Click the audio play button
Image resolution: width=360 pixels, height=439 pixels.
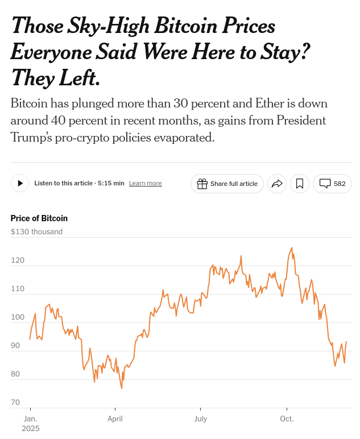pos(20,183)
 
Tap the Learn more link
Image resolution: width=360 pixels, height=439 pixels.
pos(145,183)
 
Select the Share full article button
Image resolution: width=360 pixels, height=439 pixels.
pos(227,183)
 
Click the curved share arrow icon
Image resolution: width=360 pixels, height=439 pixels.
pos(277,183)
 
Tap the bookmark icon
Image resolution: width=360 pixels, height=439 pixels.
pos(300,183)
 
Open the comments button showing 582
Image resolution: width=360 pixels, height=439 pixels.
pos(332,183)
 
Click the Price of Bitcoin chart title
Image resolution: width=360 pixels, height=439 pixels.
pos(39,218)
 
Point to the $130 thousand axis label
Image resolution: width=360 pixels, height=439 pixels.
pos(36,231)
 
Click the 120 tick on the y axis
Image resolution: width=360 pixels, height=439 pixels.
pos(18,260)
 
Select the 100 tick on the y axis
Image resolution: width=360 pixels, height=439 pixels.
pos(18,317)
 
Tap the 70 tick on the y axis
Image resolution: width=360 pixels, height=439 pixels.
pos(15,402)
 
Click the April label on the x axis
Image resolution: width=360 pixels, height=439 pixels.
pos(115,419)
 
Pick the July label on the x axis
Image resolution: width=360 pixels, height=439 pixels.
pos(200,419)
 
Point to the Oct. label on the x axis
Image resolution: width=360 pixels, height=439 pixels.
pos(287,419)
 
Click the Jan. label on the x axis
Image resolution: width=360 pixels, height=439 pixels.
pos(30,419)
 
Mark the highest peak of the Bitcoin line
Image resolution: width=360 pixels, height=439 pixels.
pos(292,248)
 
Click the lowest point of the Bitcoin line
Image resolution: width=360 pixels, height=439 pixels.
pos(122,388)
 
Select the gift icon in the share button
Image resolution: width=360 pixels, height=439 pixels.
pos(202,183)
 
